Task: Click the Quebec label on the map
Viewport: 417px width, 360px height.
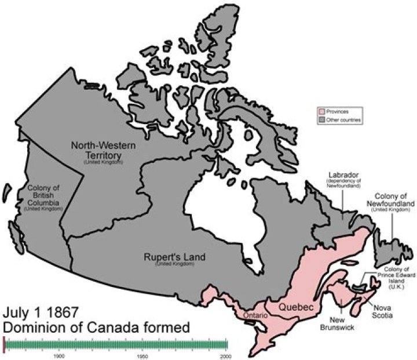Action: (x=297, y=306)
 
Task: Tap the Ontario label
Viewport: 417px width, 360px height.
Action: (x=255, y=315)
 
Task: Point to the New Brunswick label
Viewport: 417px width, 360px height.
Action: (x=339, y=323)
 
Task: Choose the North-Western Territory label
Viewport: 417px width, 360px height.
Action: (x=104, y=151)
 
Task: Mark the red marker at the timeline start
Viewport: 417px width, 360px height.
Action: (x=4, y=345)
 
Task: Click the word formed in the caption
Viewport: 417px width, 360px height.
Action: (x=168, y=328)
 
